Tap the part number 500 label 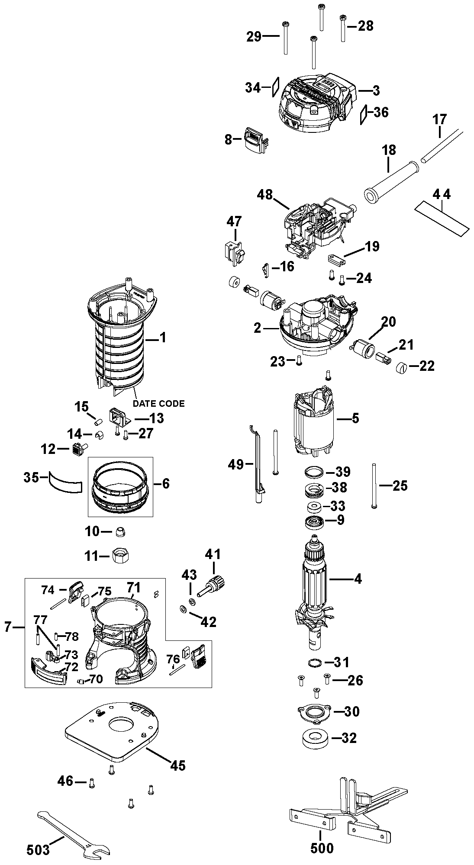[322, 848]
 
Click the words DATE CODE [158, 404]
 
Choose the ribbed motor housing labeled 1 [123, 336]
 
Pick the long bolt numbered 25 [373, 486]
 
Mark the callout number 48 [265, 195]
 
